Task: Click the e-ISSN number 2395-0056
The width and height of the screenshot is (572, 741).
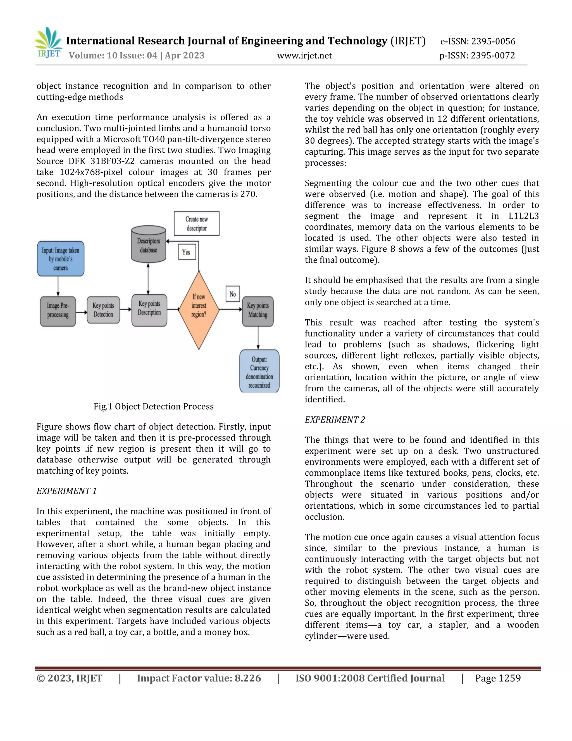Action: click(478, 41)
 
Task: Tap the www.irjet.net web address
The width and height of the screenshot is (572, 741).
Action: click(304, 56)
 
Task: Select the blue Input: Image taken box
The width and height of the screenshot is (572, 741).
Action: click(60, 259)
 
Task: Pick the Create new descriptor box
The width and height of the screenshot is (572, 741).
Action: click(197, 224)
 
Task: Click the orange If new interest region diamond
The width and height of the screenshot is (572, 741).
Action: click(199, 310)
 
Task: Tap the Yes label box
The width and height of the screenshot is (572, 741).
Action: click(186, 252)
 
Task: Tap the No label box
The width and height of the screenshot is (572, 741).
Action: click(232, 294)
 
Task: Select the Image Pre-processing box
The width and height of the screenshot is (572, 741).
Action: click(58, 311)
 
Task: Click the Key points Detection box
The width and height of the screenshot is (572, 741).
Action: click(103, 310)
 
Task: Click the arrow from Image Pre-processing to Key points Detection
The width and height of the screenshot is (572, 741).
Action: click(81, 312)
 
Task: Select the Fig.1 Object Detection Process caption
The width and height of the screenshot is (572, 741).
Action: click(154, 407)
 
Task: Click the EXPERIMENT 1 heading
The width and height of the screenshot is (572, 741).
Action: click(66, 491)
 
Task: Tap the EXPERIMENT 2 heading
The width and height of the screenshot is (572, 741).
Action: click(335, 420)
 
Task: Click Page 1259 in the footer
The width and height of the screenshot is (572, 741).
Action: click(497, 678)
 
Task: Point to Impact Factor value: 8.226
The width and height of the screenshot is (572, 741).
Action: click(199, 678)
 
